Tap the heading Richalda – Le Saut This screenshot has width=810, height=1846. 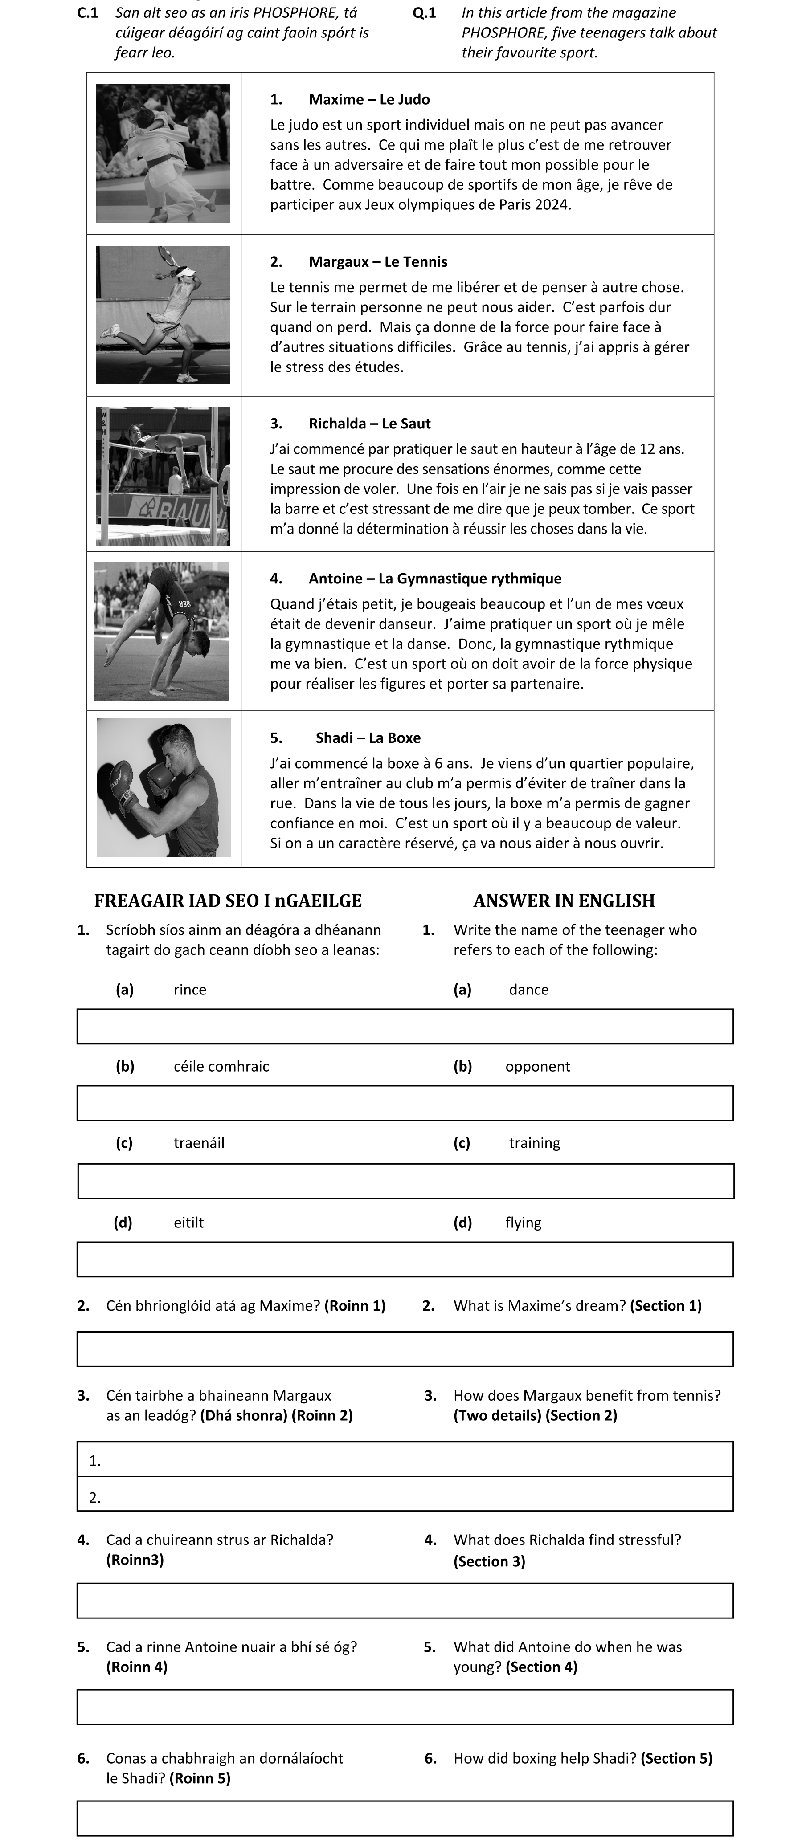click(x=369, y=424)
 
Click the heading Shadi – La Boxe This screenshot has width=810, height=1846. click(x=368, y=738)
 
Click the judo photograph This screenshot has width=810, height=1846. click(x=163, y=153)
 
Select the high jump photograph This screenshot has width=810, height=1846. click(x=163, y=476)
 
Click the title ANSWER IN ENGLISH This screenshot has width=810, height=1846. click(x=564, y=901)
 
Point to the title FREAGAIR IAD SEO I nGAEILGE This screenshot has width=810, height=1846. click(x=228, y=901)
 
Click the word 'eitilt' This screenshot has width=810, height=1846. click(x=188, y=1223)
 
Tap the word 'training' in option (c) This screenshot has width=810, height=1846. click(x=535, y=1143)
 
